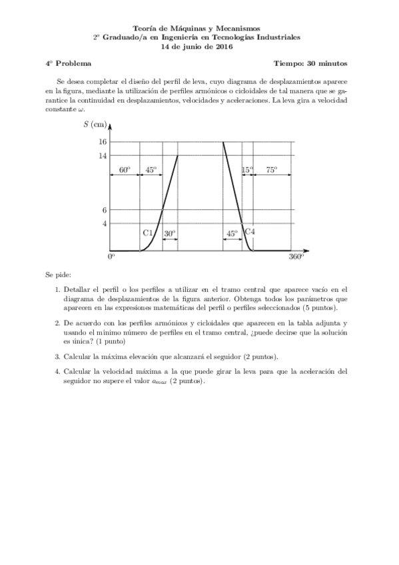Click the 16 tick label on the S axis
103,142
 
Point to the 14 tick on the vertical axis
103,156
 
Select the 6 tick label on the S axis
105,210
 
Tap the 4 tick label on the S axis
105,223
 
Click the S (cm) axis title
95,125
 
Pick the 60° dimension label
125,170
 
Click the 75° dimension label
272,170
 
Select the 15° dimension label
247,170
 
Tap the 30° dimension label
170,234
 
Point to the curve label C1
149,233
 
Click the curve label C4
250,231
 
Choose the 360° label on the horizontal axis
296,257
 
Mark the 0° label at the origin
112,257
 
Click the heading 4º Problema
65,64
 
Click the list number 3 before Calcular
57,356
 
